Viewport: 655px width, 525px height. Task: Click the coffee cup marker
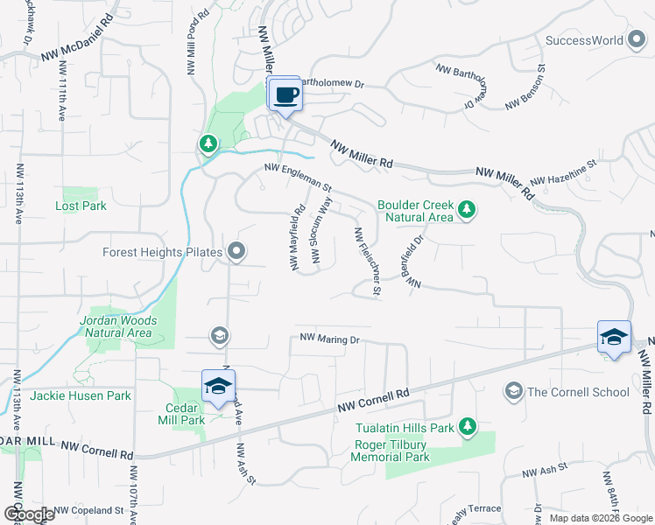click(x=285, y=94)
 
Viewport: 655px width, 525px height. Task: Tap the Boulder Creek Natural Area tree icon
click(x=467, y=208)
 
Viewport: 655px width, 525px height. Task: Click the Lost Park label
click(x=81, y=206)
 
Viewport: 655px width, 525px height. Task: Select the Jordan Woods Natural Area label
click(x=118, y=326)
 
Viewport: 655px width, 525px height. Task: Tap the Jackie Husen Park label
click(x=80, y=395)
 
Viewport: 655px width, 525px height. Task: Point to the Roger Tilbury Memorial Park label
click(x=391, y=451)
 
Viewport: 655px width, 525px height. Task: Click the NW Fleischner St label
click(x=365, y=261)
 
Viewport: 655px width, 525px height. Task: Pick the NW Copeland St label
click(x=88, y=510)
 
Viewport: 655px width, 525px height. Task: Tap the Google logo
click(x=29, y=514)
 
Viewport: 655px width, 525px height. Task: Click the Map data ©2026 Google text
click(x=601, y=518)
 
